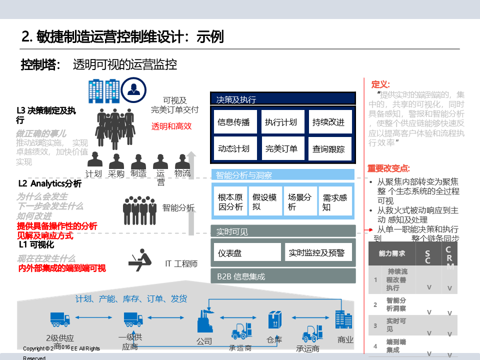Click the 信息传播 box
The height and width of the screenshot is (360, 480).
point(234,122)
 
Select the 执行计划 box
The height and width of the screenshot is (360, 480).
point(281,122)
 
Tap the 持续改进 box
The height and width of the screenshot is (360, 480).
point(329,122)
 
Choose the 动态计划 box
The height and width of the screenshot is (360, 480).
point(234,148)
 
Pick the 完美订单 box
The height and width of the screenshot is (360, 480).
point(281,148)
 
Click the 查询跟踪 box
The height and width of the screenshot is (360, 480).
point(329,148)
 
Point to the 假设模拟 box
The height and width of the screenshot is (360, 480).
point(264,201)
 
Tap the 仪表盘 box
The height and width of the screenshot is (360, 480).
point(247,252)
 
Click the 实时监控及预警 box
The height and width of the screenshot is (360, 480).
point(318,252)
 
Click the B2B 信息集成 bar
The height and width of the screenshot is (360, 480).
point(283,276)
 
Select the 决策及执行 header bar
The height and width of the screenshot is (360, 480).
point(283,99)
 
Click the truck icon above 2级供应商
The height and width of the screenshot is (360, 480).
point(60,319)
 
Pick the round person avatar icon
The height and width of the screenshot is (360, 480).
point(133,90)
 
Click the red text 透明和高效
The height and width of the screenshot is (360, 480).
point(171,126)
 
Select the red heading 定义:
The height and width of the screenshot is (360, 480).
point(380,84)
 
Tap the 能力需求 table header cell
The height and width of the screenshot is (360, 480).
point(392,253)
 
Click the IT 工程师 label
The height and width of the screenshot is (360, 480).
point(181,263)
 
